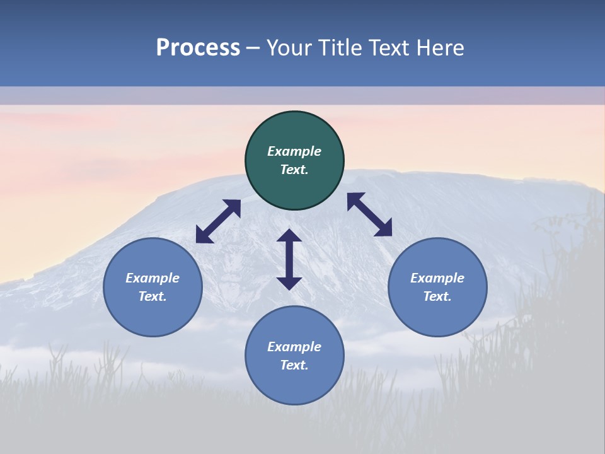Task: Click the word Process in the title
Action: coord(198,48)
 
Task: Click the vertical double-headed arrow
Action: coord(289,259)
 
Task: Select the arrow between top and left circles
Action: coord(218,221)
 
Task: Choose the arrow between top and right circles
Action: coord(369,214)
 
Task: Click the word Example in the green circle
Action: coord(294,151)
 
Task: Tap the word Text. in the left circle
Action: coord(153,296)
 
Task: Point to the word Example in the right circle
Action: coord(437,278)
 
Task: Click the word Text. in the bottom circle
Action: coord(294,365)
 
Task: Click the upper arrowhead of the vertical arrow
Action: coord(289,236)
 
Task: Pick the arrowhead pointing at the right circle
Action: coord(384,229)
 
